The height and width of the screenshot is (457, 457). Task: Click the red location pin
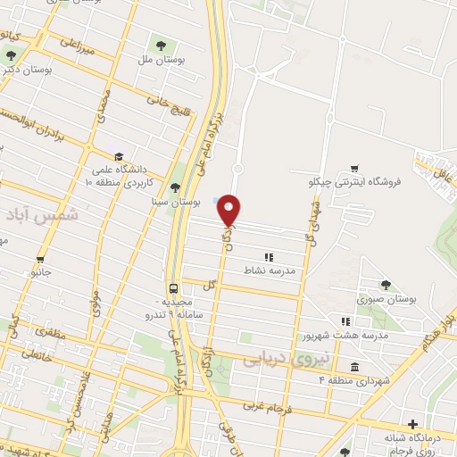coord(229,210)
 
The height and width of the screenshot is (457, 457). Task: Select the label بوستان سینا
coord(173,204)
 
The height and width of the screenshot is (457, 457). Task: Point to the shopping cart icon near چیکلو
coord(354,167)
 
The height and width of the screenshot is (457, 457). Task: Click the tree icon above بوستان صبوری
coord(386,285)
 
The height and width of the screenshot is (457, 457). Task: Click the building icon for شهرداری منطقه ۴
coord(354,368)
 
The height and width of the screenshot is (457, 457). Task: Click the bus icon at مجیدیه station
coord(173,289)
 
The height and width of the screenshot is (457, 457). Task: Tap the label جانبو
coord(41,270)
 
